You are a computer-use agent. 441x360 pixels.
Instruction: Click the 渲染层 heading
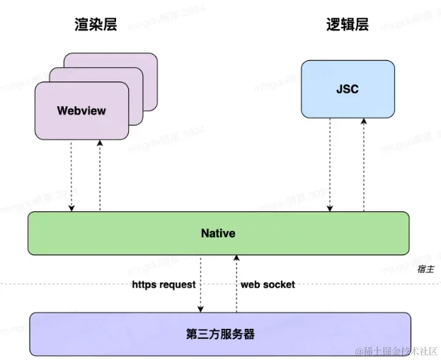coord(96,24)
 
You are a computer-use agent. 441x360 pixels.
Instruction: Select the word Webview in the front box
coord(81,111)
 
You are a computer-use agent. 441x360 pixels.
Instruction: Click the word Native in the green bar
coord(218,233)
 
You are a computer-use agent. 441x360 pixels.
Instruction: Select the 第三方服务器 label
coord(220,334)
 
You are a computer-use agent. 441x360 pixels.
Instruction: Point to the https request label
coord(164,284)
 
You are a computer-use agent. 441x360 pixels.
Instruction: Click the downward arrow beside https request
coord(201,283)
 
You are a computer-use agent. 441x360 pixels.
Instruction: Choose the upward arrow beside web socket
coord(236,283)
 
